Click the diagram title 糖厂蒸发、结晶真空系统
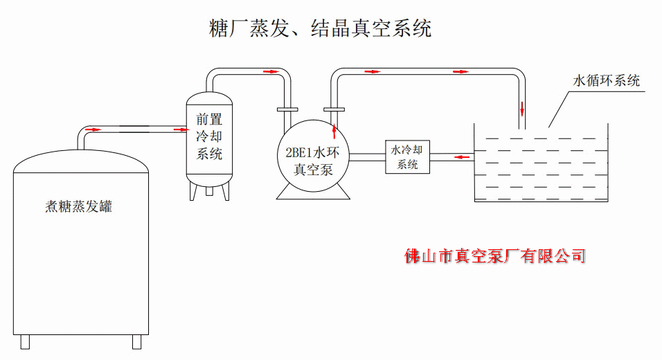[x=320, y=28]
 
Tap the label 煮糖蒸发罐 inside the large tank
[x=78, y=206]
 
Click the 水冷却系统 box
[x=408, y=156]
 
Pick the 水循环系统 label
[x=606, y=80]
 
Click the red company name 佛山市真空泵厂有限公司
[x=496, y=256]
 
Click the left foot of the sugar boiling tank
[x=26, y=341]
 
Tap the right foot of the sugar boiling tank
[x=136, y=341]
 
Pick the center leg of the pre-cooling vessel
[x=210, y=191]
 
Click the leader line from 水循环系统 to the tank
[x=558, y=109]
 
